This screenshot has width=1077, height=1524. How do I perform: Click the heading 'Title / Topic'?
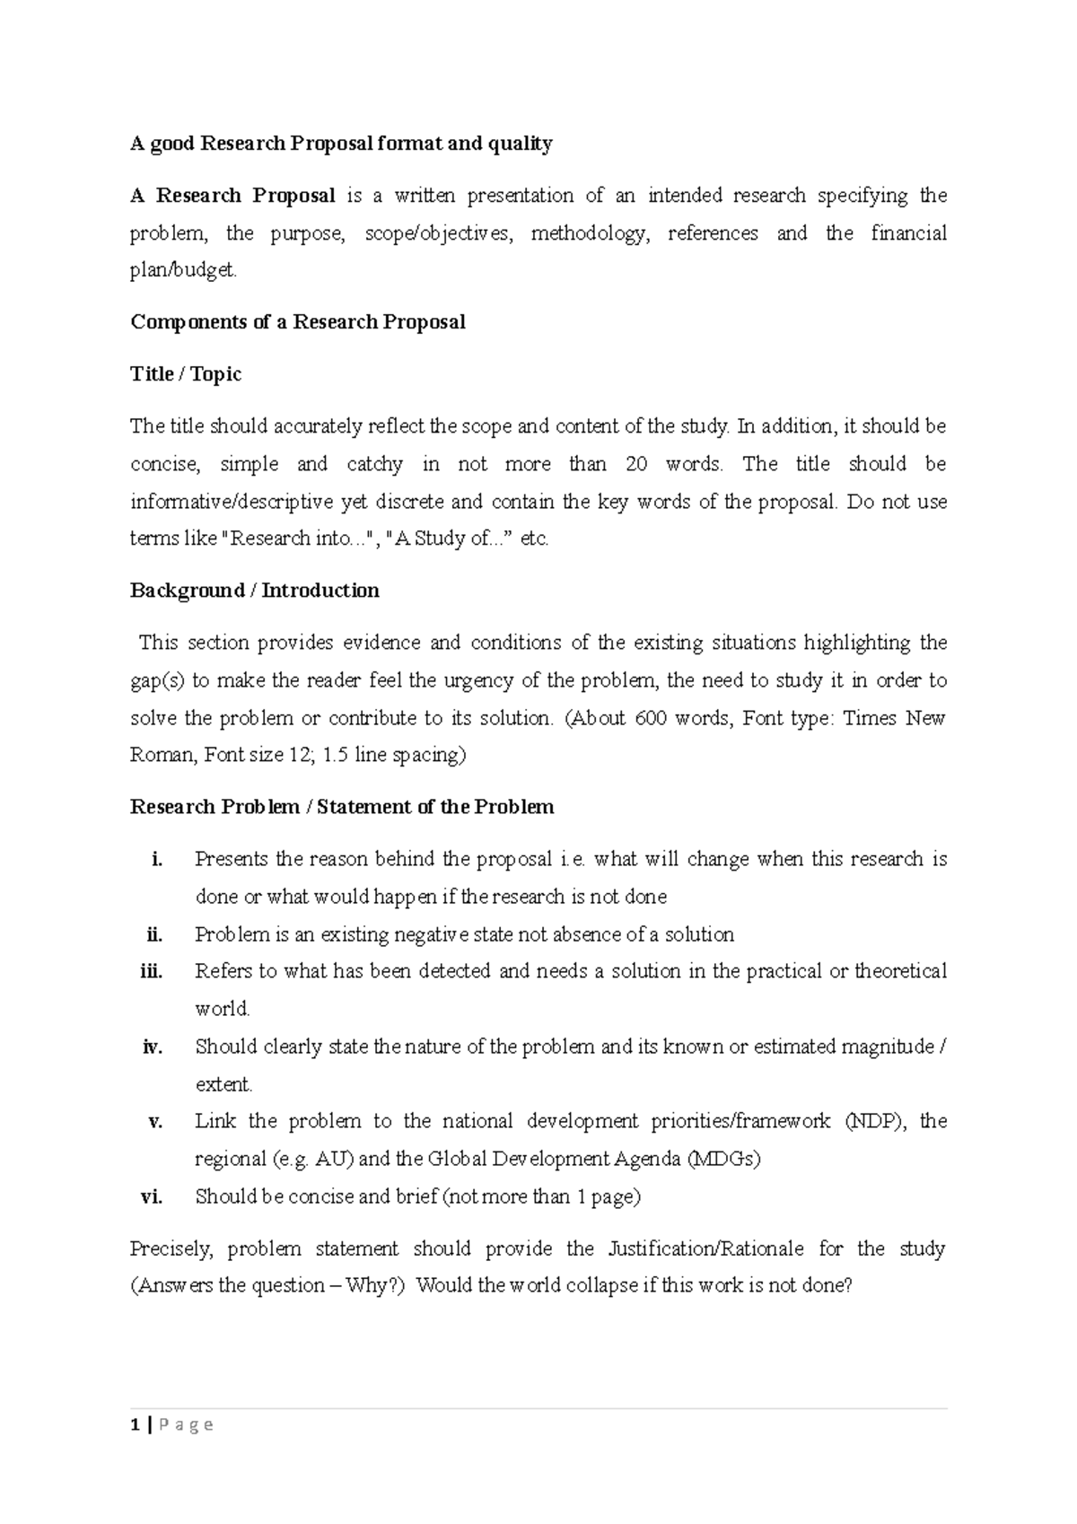[186, 374]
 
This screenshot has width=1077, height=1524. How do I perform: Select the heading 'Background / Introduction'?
[254, 591]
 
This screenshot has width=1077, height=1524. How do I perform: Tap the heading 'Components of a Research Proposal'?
[297, 322]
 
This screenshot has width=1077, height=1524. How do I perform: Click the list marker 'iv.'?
[153, 1047]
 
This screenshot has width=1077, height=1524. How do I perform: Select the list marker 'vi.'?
[152, 1196]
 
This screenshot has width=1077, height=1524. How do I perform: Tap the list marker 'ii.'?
[154, 934]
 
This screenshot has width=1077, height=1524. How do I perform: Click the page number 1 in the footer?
[135, 1424]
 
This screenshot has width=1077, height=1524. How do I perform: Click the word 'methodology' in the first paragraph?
[589, 233]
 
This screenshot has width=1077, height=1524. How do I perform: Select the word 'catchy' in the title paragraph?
[374, 464]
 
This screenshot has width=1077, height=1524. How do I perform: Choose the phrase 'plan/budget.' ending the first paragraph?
[184, 271]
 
